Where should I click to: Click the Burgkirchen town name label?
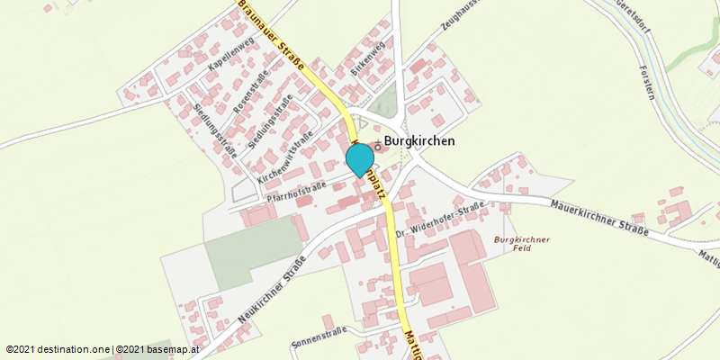[419, 141]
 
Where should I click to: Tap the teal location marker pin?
[360, 159]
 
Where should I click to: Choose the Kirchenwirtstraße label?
[284, 154]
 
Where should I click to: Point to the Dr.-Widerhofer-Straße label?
[440, 220]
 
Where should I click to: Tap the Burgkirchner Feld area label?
[521, 243]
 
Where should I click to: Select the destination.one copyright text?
[59, 348]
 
